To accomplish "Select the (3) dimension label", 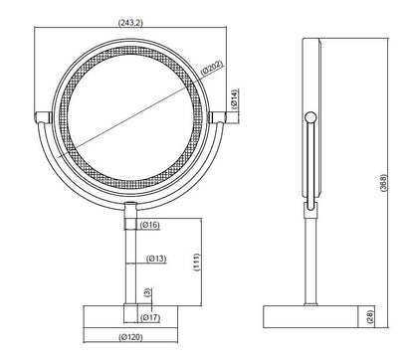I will (147, 294).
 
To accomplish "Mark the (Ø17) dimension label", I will (151, 318).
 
